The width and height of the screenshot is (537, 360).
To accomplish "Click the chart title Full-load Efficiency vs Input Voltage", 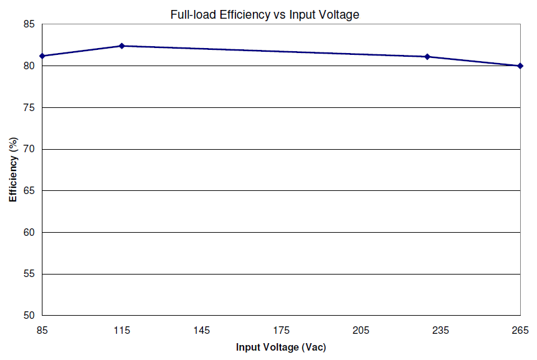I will tap(265, 14).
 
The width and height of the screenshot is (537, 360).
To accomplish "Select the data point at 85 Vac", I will tap(42, 56).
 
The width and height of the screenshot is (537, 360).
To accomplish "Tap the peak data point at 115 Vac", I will tap(122, 46).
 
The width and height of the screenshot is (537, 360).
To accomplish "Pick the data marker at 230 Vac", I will tap(427, 57).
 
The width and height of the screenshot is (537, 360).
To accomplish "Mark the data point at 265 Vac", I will tap(520, 66).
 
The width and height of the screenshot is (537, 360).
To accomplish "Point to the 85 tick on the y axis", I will tap(29, 24).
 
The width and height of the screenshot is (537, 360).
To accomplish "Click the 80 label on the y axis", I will tap(29, 66).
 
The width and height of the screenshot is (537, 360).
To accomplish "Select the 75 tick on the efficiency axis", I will tap(29, 107).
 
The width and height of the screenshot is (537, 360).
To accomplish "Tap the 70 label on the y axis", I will tap(29, 149).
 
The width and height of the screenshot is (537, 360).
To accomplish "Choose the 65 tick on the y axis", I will tap(29, 190).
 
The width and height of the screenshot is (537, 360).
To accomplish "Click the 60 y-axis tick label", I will tap(29, 232).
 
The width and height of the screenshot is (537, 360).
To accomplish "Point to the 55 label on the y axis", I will tap(29, 274).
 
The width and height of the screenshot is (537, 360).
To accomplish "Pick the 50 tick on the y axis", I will tap(29, 315).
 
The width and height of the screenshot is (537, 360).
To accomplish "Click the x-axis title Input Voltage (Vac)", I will tap(281, 347).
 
